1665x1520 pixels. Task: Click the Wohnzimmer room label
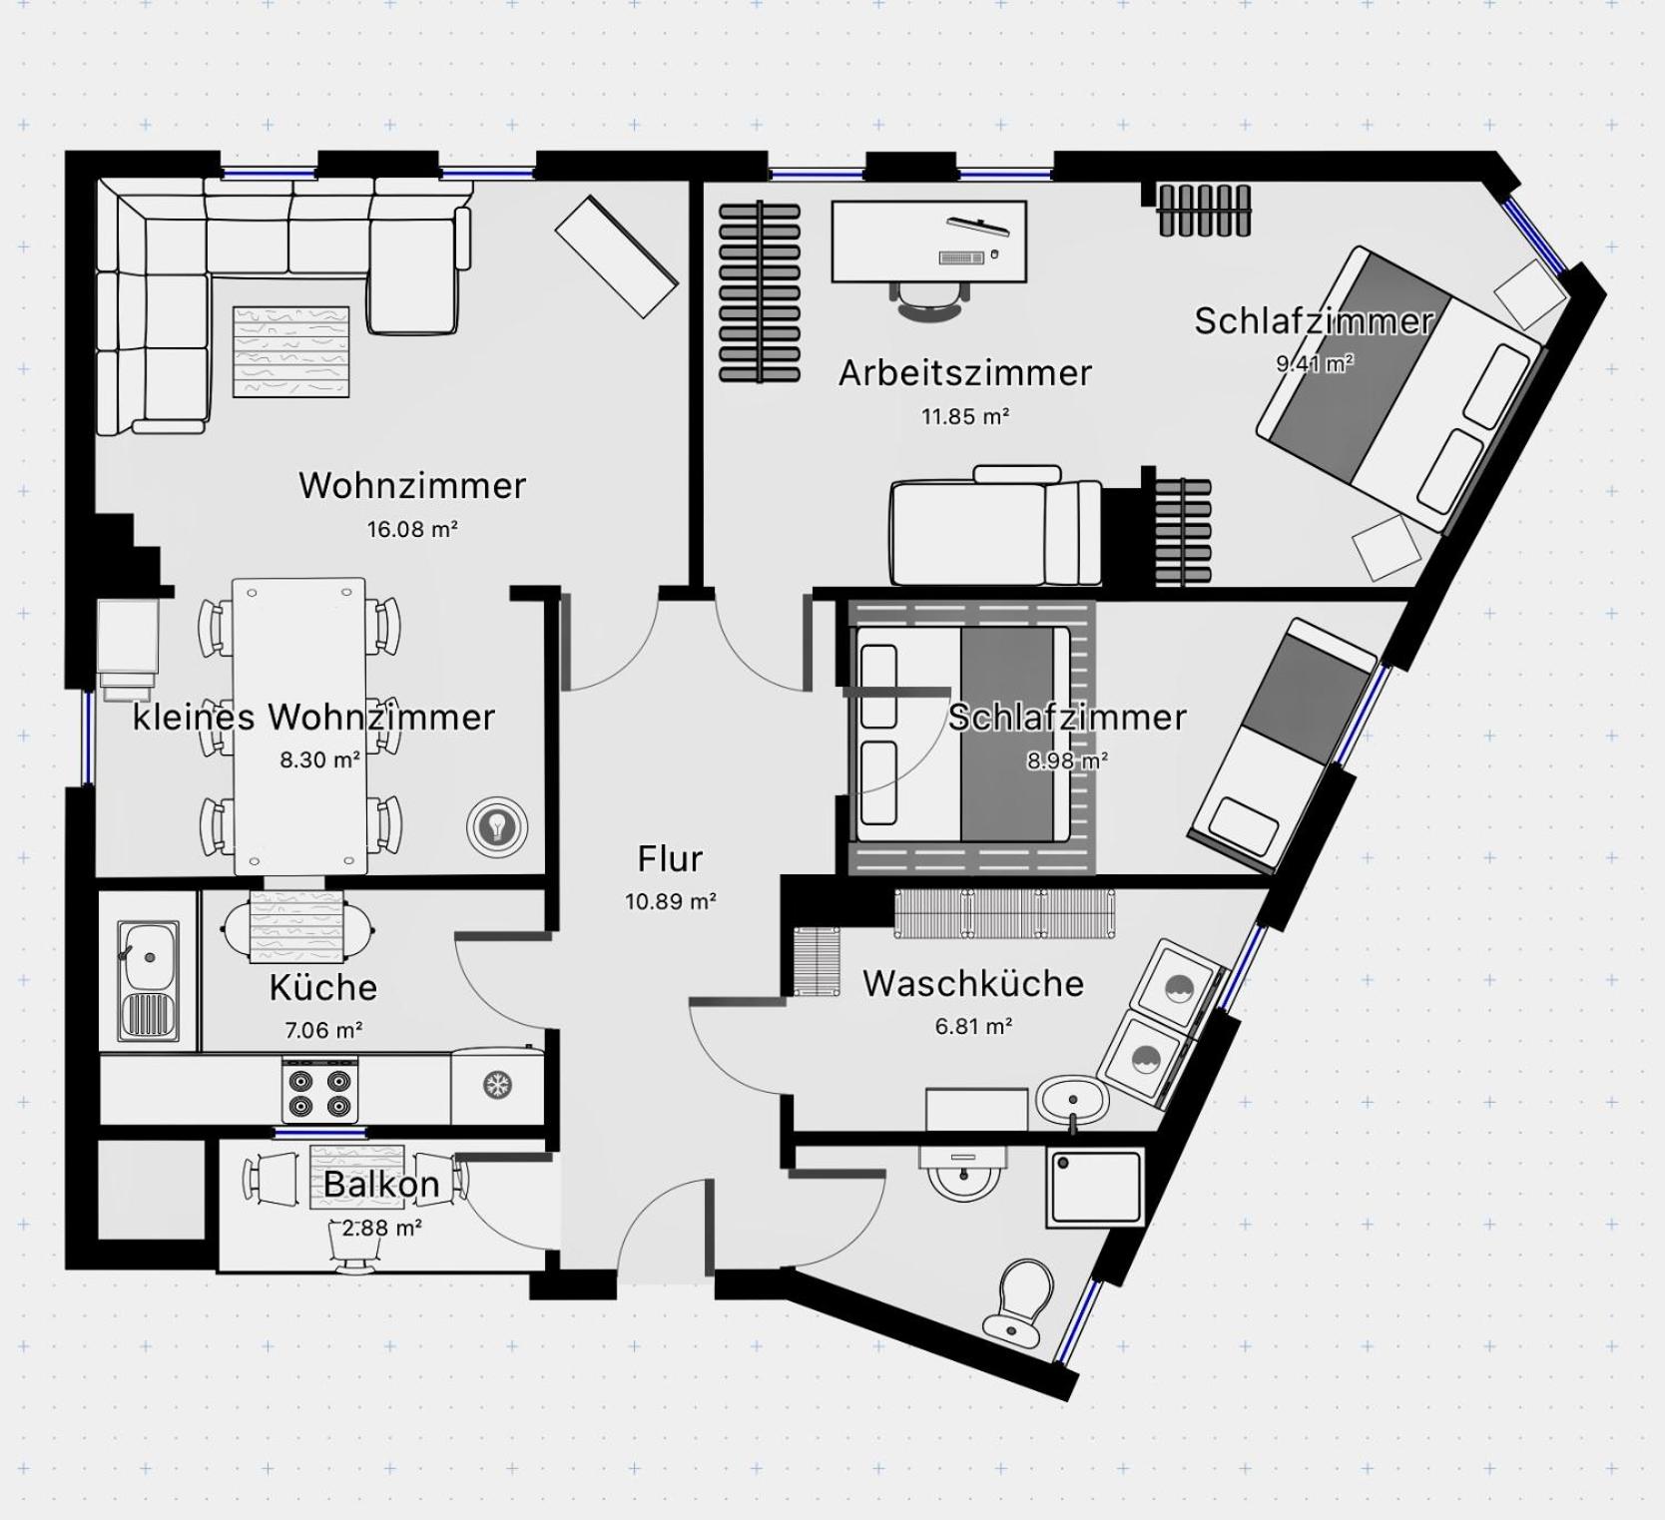point(412,485)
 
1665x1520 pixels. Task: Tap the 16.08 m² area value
point(412,529)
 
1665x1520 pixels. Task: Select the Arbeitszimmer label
point(965,372)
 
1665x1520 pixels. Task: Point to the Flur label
point(670,858)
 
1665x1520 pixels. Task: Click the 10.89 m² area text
point(671,901)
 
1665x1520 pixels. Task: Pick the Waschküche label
point(973,983)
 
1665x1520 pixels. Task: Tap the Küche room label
point(323,987)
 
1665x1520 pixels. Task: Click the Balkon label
point(381,1184)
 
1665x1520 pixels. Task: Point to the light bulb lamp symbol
point(496,826)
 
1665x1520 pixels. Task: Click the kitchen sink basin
point(149,957)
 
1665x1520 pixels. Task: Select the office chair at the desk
point(930,298)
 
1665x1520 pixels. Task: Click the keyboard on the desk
point(961,258)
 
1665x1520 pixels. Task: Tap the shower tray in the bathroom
point(1094,1188)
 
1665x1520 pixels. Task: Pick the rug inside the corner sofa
point(291,351)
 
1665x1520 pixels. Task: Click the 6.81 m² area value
point(973,1026)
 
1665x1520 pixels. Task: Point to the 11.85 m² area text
point(964,416)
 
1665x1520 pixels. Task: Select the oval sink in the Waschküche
point(1072,1101)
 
